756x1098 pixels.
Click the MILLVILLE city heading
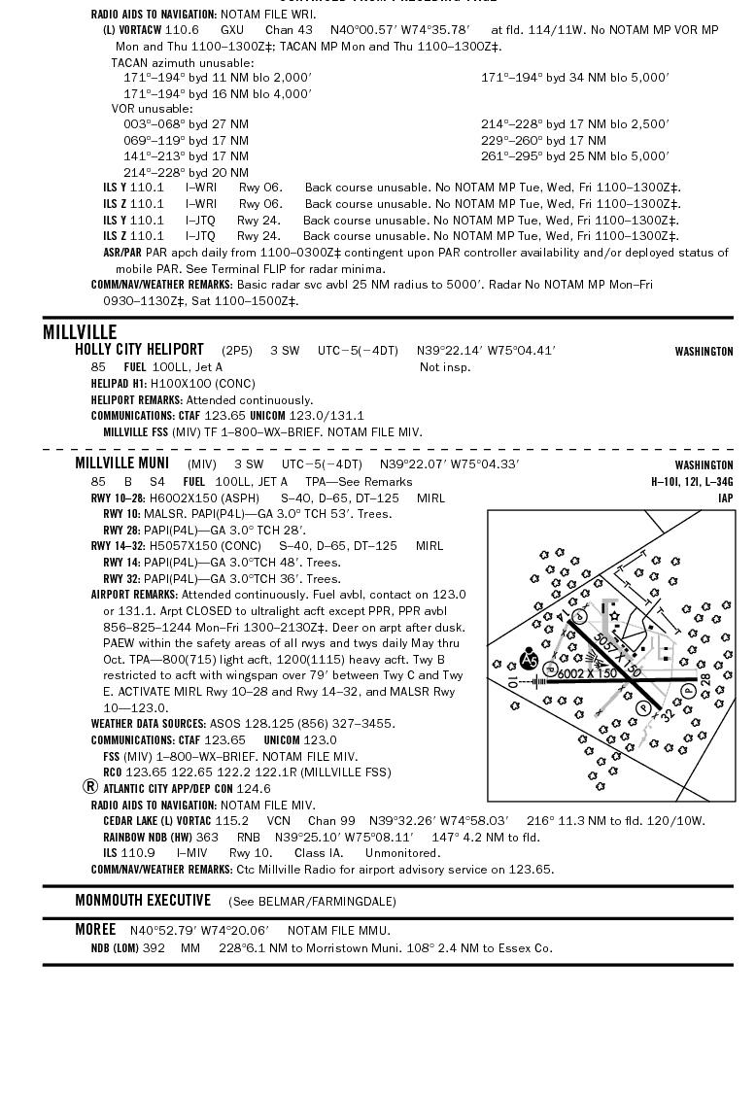pos(80,332)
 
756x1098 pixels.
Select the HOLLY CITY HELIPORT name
pos(139,350)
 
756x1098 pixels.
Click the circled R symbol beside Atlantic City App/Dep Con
pos(90,787)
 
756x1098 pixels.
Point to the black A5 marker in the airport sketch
pos(529,660)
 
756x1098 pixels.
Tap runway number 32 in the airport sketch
pos(667,716)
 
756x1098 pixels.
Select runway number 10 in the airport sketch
pos(512,682)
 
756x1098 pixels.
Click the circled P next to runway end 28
pos(688,690)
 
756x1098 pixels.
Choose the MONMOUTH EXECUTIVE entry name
pos(143,901)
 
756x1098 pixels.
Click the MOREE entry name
pos(95,930)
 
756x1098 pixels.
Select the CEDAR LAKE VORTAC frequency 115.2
pos(231,821)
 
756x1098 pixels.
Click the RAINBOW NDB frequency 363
pos(207,837)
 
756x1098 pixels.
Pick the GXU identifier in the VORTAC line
pos(232,30)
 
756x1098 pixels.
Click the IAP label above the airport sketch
pos(725,498)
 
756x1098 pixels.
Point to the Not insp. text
pos(445,367)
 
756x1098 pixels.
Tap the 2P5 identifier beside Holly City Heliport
pos(236,351)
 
